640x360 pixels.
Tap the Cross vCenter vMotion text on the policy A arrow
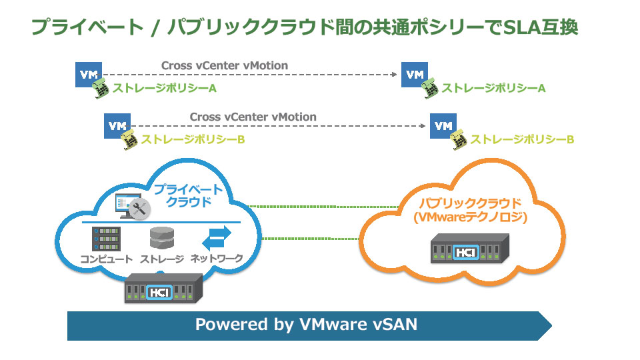pos(225,65)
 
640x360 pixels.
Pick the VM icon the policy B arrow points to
pos(443,125)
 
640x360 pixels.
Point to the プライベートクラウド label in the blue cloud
pos(189,196)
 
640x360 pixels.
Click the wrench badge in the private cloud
pos(139,208)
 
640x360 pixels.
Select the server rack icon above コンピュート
pos(106,239)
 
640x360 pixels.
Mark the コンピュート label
pos(107,259)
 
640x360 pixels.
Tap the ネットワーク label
pos(217,259)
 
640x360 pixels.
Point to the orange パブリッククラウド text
pos(460,203)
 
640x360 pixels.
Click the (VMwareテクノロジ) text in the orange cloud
pos(461,217)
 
